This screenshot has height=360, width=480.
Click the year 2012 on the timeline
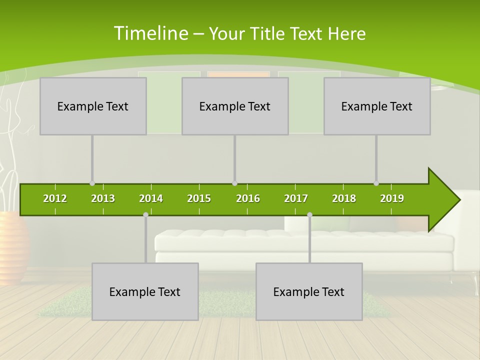pyautogui.click(x=55, y=198)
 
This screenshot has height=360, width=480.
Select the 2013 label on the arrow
pyautogui.click(x=103, y=198)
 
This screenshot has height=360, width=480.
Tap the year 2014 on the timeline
pyautogui.click(x=151, y=198)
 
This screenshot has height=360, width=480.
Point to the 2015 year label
pyautogui.click(x=199, y=198)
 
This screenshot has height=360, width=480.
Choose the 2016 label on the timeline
pyautogui.click(x=248, y=198)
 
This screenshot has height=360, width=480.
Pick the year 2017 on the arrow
pyautogui.click(x=296, y=198)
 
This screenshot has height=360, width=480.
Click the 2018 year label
pyautogui.click(x=344, y=198)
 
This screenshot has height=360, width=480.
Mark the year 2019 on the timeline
pyautogui.click(x=392, y=198)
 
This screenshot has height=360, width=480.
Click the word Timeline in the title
pyautogui.click(x=150, y=33)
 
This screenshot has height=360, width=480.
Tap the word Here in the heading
pyautogui.click(x=346, y=33)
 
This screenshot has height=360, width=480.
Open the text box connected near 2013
pyautogui.click(x=93, y=106)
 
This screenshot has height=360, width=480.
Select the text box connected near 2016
pyautogui.click(x=235, y=106)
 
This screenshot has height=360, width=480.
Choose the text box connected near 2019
pyautogui.click(x=377, y=106)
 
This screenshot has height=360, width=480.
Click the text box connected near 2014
pyautogui.click(x=145, y=291)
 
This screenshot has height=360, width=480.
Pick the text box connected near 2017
pyautogui.click(x=309, y=291)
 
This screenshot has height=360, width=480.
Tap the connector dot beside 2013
pyautogui.click(x=92, y=183)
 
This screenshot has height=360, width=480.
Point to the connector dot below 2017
pyautogui.click(x=309, y=215)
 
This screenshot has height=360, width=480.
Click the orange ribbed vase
pyautogui.click(x=12, y=247)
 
